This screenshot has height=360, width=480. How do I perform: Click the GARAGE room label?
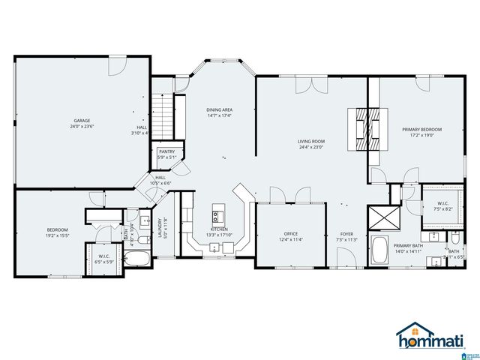(x=82, y=121)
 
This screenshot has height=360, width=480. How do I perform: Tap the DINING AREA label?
(x=219, y=109)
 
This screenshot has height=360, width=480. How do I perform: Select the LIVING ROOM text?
(x=310, y=141)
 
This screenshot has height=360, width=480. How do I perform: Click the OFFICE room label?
(x=291, y=233)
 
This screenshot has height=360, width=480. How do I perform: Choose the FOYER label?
(x=346, y=234)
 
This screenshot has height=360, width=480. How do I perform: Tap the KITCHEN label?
(x=219, y=229)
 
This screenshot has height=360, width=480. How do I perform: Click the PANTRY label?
(x=167, y=151)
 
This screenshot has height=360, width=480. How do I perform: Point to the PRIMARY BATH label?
(x=409, y=246)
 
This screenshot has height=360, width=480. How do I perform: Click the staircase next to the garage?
(x=163, y=111)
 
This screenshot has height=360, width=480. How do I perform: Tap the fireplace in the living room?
(x=369, y=130)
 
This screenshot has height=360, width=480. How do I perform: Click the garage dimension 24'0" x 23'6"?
(x=82, y=127)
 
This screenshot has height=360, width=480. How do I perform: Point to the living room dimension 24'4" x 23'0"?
(x=310, y=147)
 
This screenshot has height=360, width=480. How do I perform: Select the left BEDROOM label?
(x=58, y=229)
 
